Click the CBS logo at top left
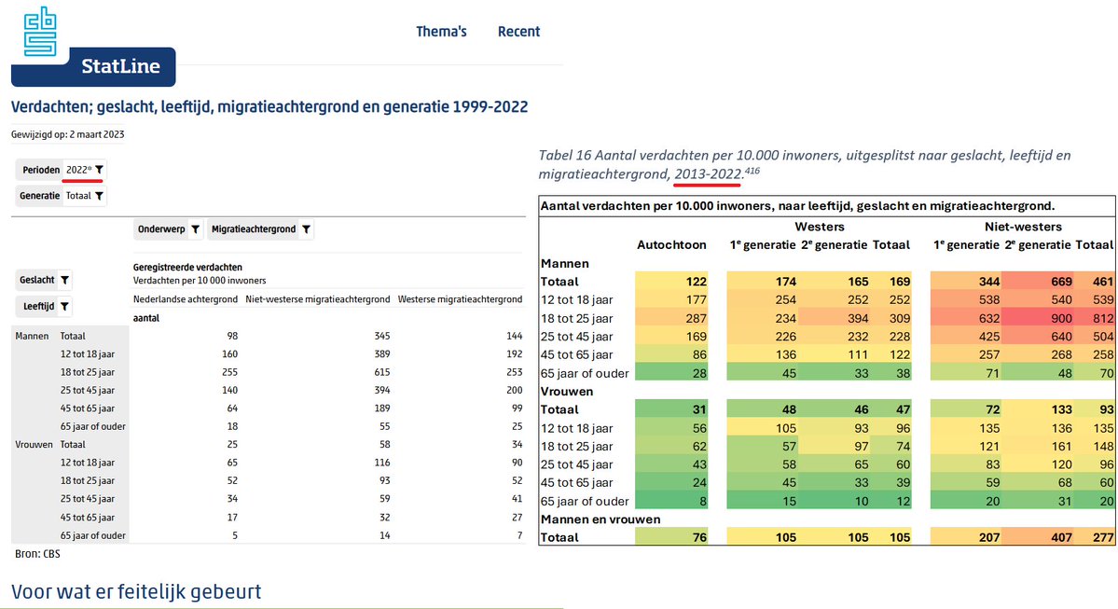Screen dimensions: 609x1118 40,31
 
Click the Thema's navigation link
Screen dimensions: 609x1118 441,32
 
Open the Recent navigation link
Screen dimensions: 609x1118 518,32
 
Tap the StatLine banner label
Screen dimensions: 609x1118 119,66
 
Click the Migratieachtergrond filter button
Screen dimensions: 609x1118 260,229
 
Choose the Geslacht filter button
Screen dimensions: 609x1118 44,280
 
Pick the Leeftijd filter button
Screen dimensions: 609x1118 43,306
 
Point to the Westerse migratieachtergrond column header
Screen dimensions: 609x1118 459,299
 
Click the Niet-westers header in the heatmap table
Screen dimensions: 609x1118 1024,227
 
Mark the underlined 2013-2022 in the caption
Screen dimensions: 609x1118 708,174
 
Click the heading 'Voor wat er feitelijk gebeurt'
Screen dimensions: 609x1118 136,591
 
